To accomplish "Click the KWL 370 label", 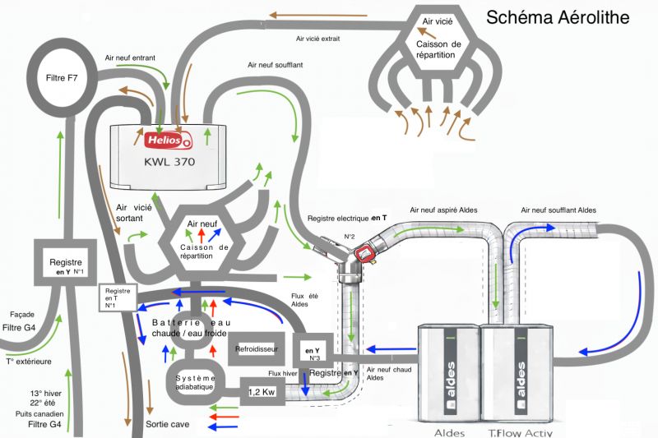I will (x=168, y=162).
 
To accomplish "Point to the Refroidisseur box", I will (x=257, y=348).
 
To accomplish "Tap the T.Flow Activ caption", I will (x=523, y=432).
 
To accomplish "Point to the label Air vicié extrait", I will (x=317, y=39).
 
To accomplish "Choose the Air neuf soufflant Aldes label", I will (x=553, y=211).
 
